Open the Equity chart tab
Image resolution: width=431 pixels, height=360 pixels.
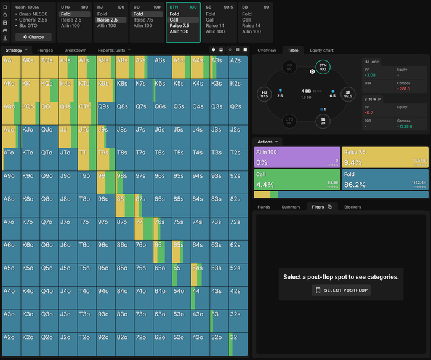coord(321,50)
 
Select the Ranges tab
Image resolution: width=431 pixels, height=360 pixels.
coord(46,50)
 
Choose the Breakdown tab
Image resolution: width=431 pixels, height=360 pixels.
coord(75,50)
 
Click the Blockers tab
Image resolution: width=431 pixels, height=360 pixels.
coord(353,207)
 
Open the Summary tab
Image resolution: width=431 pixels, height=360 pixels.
coord(291,207)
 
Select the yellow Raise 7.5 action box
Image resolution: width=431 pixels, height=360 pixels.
coord(385,158)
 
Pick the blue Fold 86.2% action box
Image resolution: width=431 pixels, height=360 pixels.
coord(385,180)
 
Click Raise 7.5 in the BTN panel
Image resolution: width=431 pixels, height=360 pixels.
coord(179,26)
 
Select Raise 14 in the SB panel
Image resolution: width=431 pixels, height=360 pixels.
coord(215,26)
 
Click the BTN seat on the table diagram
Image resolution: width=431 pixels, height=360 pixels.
coord(322,66)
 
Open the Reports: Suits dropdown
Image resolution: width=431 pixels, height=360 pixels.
coord(114,50)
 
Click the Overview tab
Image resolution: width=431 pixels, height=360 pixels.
coord(267,50)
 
